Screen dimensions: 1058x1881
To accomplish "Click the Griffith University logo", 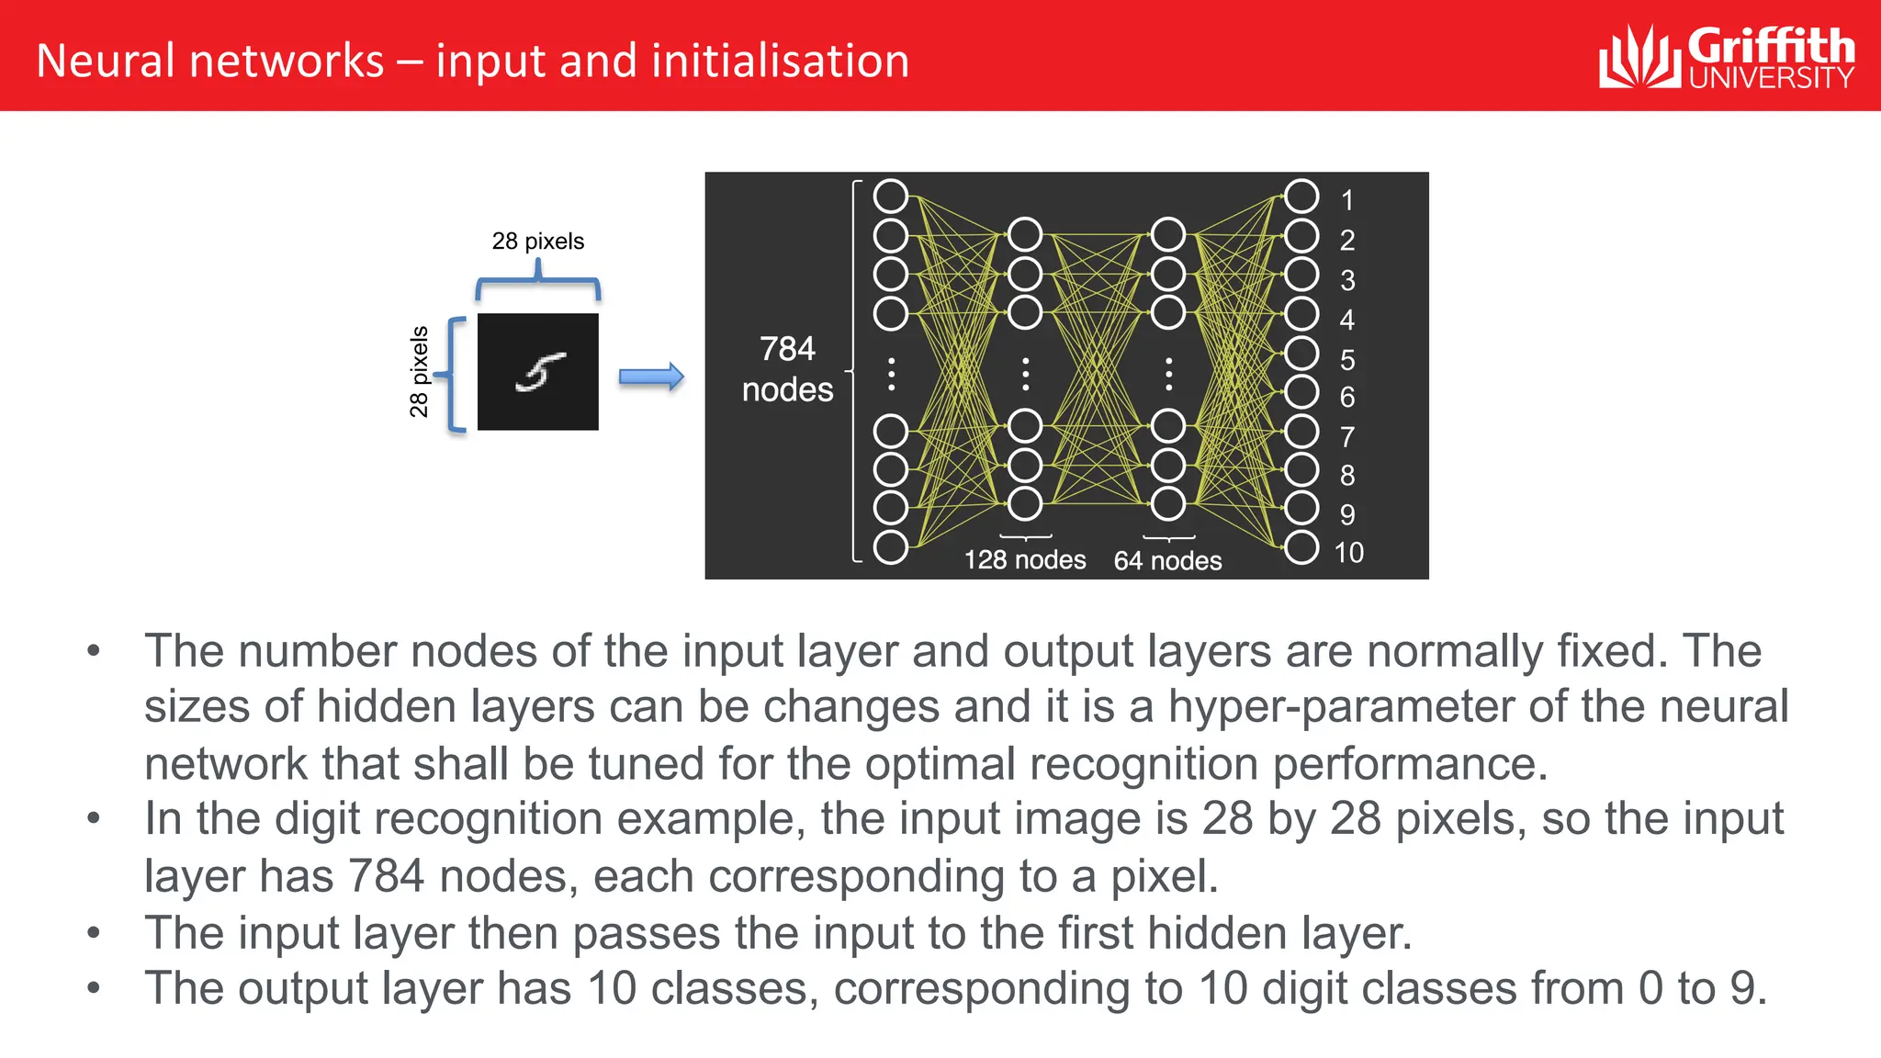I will (1727, 57).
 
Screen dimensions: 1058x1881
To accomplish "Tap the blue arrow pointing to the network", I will (651, 377).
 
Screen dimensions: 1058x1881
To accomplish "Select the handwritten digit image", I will (538, 372).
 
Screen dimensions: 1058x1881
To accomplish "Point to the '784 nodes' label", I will (787, 369).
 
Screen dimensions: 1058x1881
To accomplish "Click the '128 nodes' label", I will (1025, 559).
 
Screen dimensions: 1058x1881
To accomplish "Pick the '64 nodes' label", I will (1167, 560).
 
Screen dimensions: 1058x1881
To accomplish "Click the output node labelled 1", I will (1301, 197).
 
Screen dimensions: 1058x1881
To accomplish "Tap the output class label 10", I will (1348, 553).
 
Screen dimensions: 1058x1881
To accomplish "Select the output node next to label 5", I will (1301, 354).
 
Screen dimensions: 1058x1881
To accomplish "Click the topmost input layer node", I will (891, 197).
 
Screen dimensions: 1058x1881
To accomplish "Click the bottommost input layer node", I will (891, 547).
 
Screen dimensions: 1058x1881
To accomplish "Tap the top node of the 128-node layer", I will (1025, 235).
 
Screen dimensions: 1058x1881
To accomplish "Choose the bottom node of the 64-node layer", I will (1168, 504).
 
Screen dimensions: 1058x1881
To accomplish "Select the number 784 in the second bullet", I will (387, 876).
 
